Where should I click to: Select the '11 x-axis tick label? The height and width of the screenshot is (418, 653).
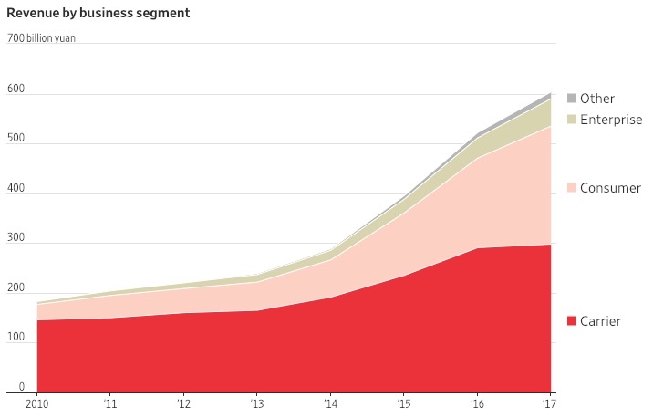point(110,404)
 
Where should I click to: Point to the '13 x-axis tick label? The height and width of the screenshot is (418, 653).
point(258,404)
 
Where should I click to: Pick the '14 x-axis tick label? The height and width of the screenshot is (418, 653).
point(331,404)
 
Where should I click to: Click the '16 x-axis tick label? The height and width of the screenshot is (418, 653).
point(477,404)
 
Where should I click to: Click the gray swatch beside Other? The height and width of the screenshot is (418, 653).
point(572,99)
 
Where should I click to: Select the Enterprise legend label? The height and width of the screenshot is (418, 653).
point(611,120)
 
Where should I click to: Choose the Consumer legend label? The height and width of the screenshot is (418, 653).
point(610,188)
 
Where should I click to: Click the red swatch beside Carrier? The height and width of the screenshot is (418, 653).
point(572,321)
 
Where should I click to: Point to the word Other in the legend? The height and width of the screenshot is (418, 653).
point(597,99)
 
